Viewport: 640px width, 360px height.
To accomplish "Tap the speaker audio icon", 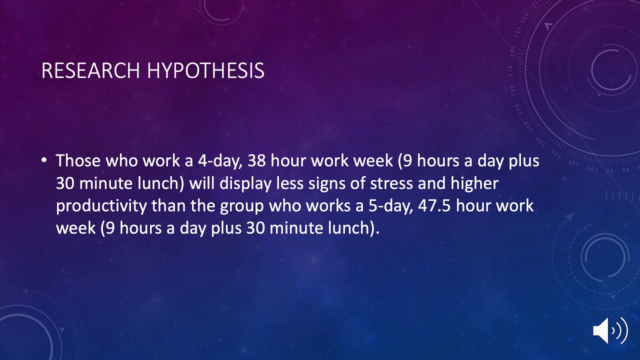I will (x=609, y=330).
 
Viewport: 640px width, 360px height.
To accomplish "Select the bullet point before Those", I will (x=44, y=160).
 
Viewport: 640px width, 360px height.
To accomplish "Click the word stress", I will (x=391, y=183).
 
